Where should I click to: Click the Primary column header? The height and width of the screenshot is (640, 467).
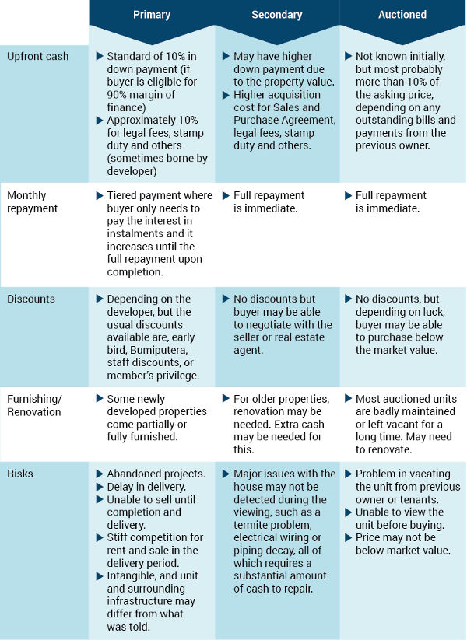point(152,15)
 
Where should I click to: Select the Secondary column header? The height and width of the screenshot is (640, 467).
point(276,15)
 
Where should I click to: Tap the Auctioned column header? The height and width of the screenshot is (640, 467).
point(402,15)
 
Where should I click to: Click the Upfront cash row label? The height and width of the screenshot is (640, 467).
point(38,56)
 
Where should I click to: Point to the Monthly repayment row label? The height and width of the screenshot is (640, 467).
point(32,201)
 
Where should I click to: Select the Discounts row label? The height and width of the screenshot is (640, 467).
point(31,299)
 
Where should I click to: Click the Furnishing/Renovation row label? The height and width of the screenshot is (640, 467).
point(34,405)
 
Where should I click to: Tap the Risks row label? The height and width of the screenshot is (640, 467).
point(20,474)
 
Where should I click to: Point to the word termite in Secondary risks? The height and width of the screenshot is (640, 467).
point(250,525)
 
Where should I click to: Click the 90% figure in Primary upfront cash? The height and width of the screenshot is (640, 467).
point(116,95)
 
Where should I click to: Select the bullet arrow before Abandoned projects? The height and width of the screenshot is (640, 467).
point(100,474)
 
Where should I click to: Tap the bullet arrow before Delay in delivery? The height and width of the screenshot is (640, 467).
point(100,487)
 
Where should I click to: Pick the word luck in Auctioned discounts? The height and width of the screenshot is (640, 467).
point(432,313)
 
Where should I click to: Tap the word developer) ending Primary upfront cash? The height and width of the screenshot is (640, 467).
point(132,171)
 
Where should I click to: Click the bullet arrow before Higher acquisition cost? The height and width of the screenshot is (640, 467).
point(226,95)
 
